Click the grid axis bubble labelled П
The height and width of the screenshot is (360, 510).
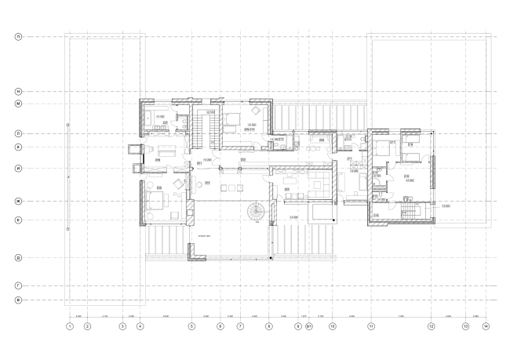click(17, 36)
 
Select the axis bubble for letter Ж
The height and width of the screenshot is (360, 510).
click(17, 202)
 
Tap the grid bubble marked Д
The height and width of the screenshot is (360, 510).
click(17, 257)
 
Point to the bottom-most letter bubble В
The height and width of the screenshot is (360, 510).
click(17, 300)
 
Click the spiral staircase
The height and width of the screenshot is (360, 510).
click(256, 212)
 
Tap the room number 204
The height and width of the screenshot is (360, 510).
click(287, 188)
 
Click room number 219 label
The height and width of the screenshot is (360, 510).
click(376, 213)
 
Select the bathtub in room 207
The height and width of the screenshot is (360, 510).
click(149, 118)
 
